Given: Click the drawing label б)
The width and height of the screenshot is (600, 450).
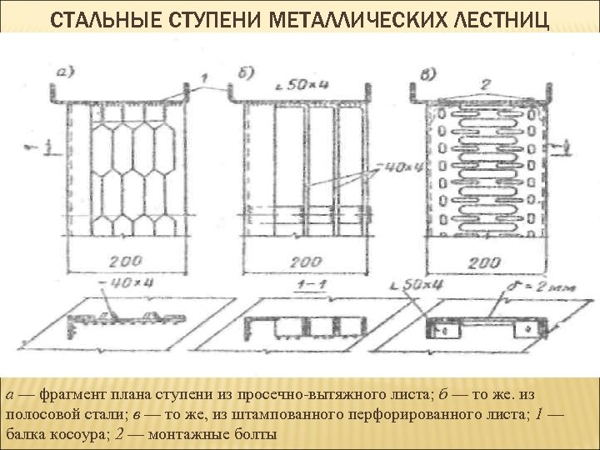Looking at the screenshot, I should tap(245, 72).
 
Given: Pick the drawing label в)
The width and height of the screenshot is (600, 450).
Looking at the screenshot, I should tap(426, 72).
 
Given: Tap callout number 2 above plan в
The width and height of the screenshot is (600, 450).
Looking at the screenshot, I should tap(485, 83).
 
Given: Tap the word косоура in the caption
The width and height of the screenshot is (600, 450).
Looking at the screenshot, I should tap(69, 434).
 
